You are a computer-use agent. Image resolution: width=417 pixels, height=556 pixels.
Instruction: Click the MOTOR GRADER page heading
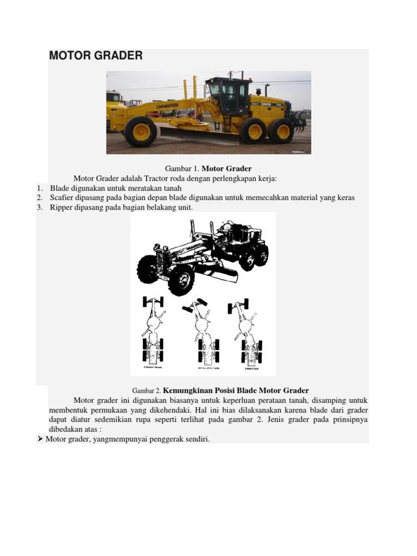(96, 55)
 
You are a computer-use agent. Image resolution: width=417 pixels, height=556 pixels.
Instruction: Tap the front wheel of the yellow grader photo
(141, 131)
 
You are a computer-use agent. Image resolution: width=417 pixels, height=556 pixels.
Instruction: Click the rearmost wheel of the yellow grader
(282, 131)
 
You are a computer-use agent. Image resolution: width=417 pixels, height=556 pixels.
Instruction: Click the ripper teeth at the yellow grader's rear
(299, 121)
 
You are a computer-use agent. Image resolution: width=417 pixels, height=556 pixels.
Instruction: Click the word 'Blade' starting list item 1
(60, 188)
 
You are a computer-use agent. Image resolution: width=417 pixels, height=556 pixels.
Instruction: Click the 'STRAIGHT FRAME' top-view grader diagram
(153, 331)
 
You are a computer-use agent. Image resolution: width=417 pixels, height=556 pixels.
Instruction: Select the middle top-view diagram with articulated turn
(203, 331)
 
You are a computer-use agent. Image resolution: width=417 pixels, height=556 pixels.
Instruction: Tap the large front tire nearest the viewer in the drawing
(181, 279)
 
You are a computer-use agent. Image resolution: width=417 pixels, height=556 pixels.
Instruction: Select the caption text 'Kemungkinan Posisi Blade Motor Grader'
(236, 390)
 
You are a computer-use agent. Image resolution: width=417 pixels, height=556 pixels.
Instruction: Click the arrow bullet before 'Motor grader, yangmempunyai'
(40, 439)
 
